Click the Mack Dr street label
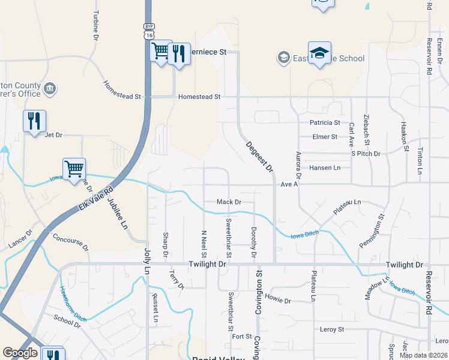pyautogui.click(x=229, y=202)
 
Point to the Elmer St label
pyautogui.click(x=325, y=137)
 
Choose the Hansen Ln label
pyautogui.click(x=325, y=168)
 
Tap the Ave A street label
pyautogui.click(x=289, y=184)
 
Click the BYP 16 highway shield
pyautogui.click(x=149, y=31)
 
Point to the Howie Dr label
pyautogui.click(x=277, y=300)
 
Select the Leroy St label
pyautogui.click(x=332, y=329)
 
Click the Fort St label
pyautogui.click(x=241, y=337)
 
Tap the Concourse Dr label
pyautogui.click(x=70, y=242)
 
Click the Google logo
pyautogui.click(x=20, y=353)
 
